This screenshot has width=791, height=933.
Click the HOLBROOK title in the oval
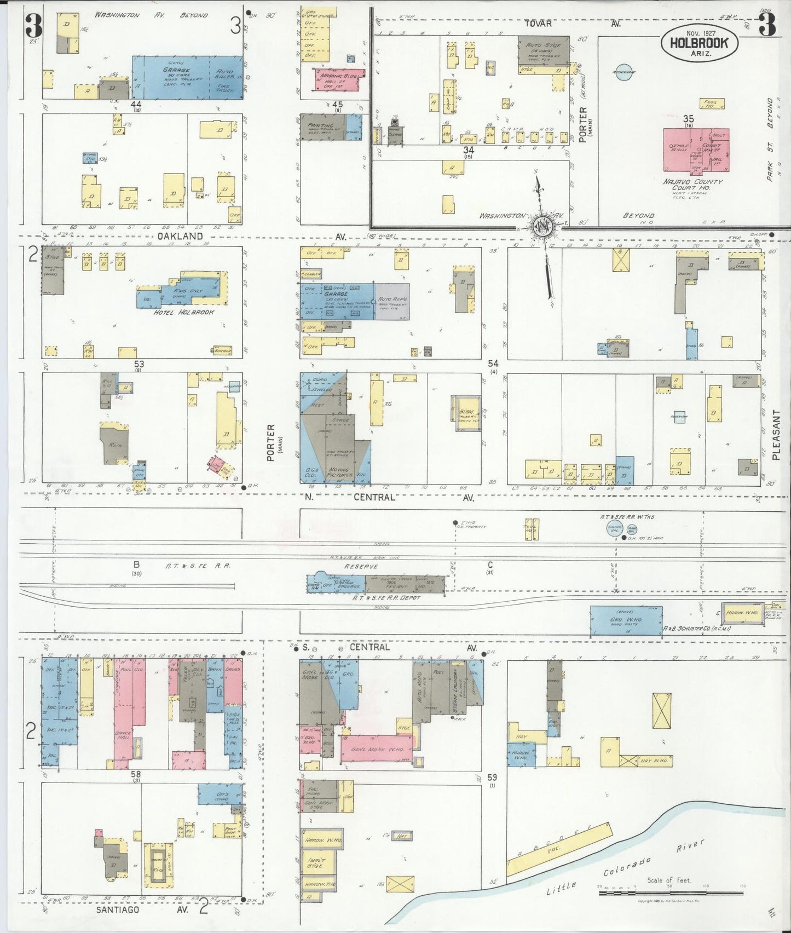(698, 42)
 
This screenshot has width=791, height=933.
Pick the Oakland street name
(180, 237)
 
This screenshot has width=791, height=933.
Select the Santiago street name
(119, 909)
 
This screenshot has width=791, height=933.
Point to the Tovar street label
(539, 24)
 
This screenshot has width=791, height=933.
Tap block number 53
(139, 364)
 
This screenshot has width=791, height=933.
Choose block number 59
(492, 777)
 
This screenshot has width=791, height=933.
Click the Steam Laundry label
(455, 691)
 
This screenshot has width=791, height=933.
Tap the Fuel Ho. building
(713, 103)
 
